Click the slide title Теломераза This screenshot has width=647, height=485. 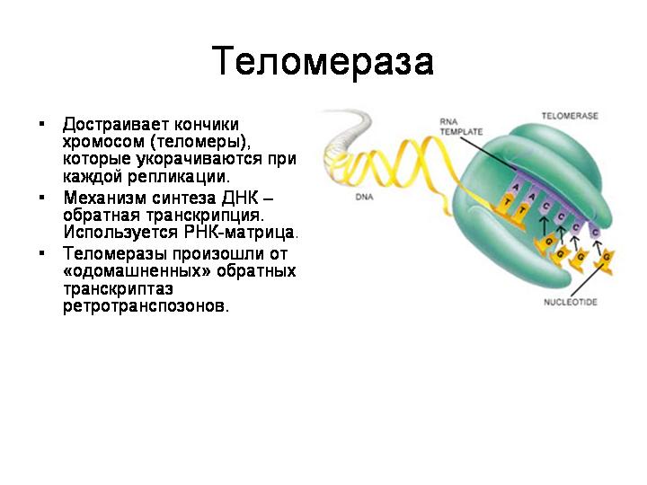pos(323,62)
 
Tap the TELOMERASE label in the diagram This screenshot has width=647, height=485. pos(570,116)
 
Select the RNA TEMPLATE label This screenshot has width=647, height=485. pos(460,127)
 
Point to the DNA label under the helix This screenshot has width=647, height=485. pos(364,197)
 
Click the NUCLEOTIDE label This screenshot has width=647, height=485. pos(571,303)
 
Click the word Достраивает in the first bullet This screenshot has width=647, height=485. pos(115,125)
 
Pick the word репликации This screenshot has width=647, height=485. pos(178,177)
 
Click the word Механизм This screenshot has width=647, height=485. pos(105,198)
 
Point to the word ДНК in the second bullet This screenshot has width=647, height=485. pos(240,198)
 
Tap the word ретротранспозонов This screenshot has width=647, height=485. pos(146,306)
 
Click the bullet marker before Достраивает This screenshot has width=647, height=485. pos(41,124)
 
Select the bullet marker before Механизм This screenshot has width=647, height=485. pos(41,198)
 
